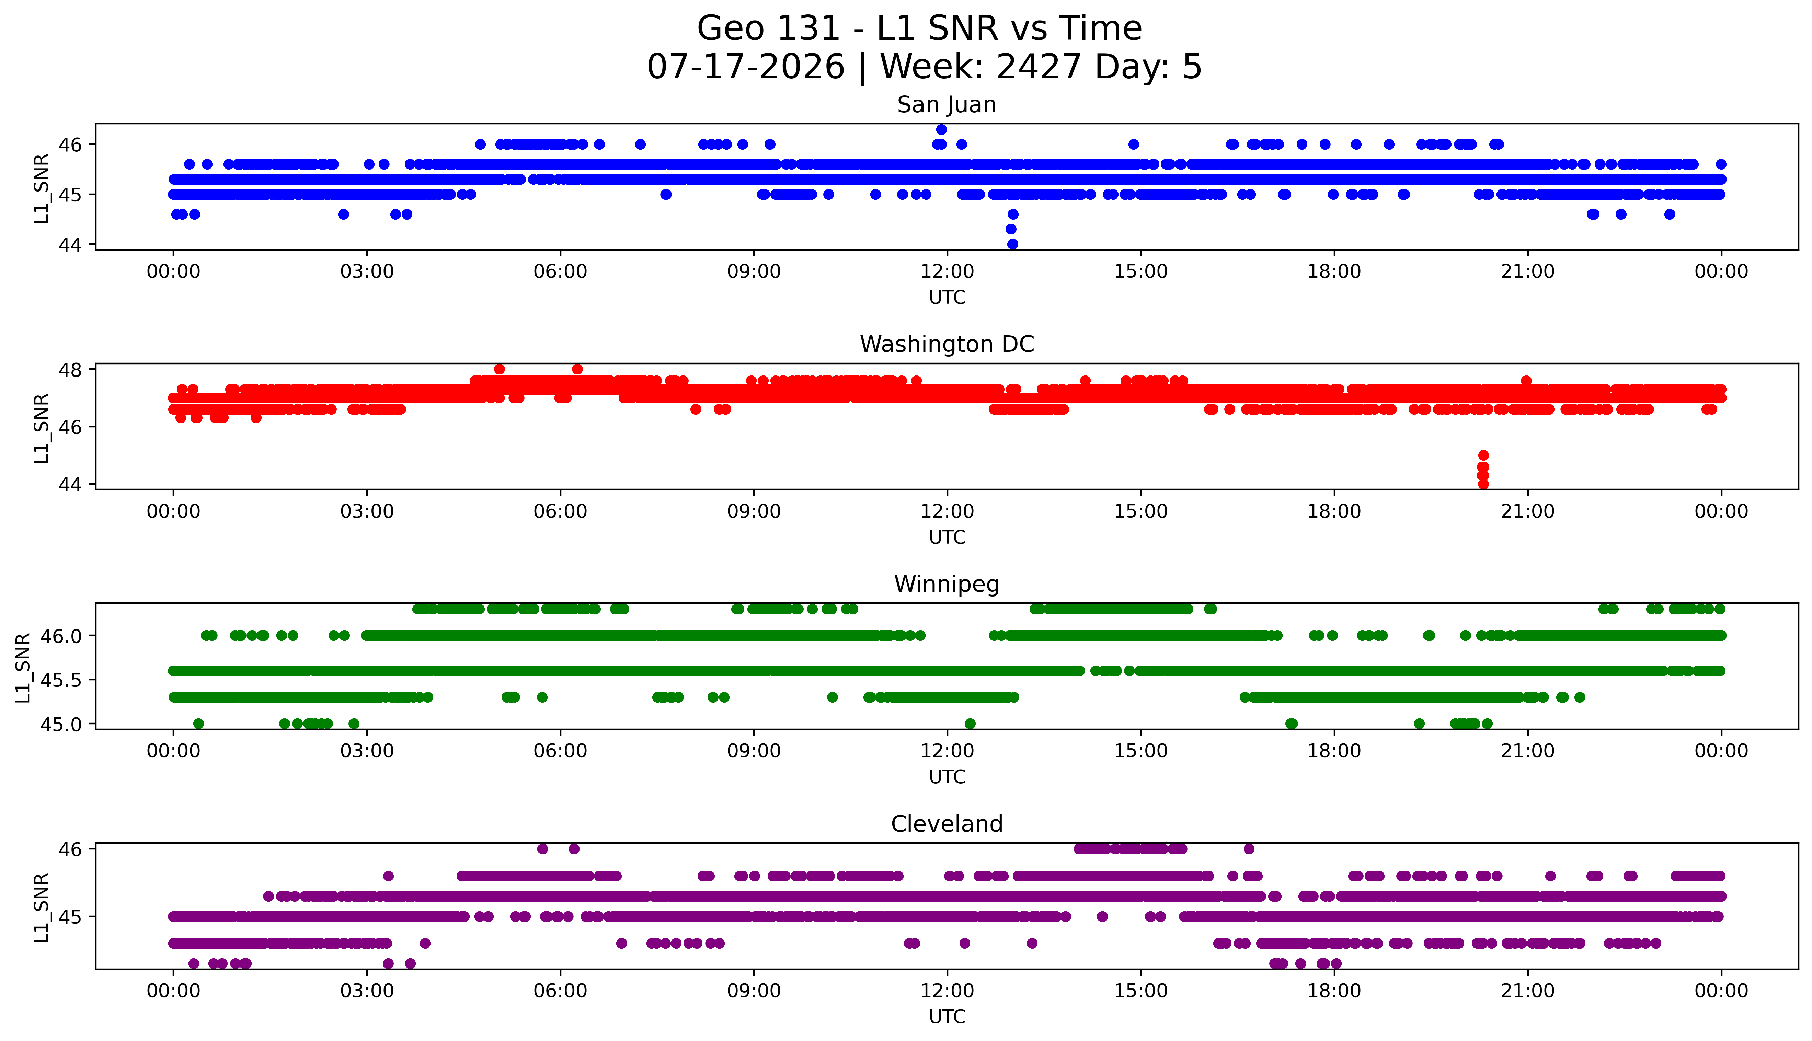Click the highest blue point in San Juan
941,129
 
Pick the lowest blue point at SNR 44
1012,244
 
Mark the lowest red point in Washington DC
1483,484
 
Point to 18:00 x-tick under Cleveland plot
1334,991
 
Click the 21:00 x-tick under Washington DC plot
1528,511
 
